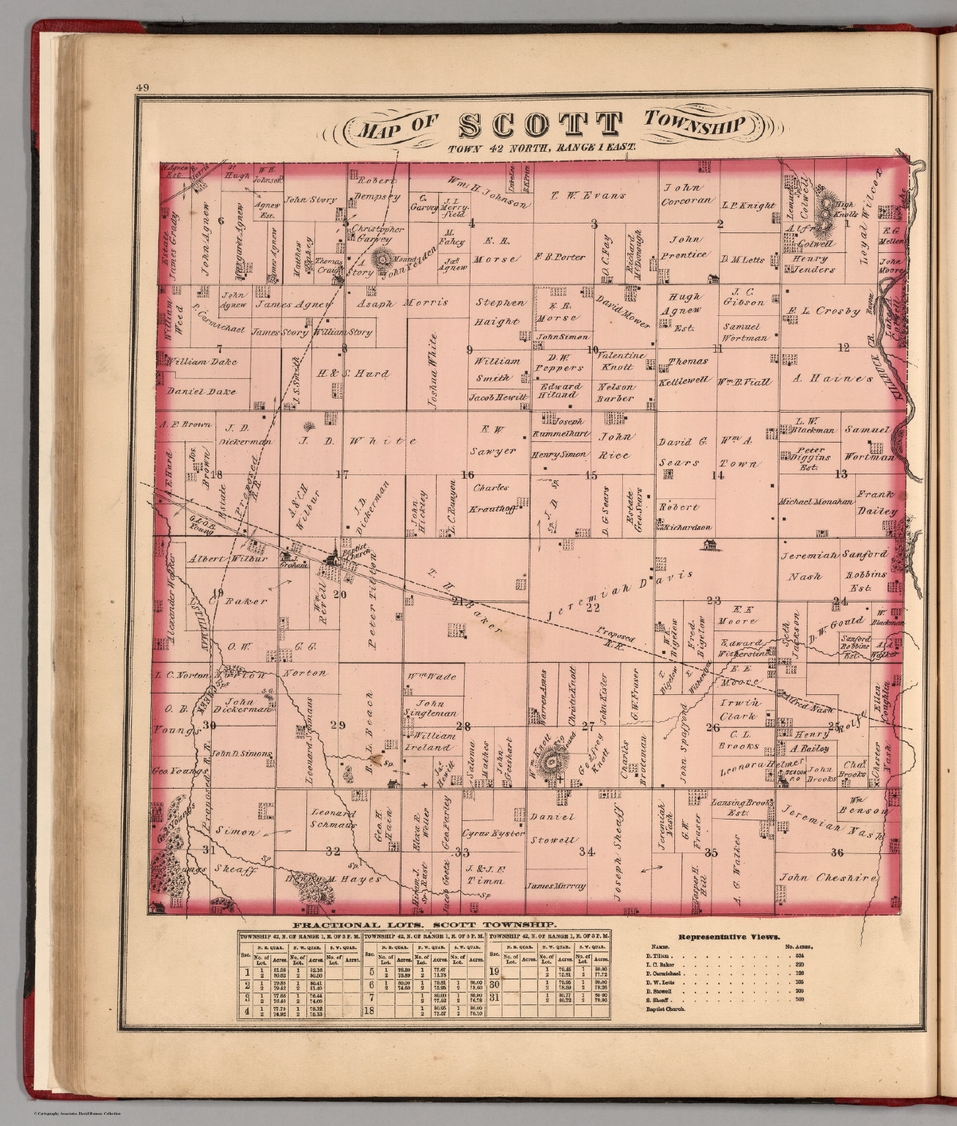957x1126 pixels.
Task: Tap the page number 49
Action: click(x=142, y=89)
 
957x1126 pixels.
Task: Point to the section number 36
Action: click(x=837, y=852)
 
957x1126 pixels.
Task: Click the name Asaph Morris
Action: click(x=402, y=302)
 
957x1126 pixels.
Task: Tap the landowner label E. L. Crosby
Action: click(x=824, y=311)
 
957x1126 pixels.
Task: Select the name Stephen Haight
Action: click(x=500, y=312)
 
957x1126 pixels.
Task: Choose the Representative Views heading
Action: click(x=729, y=936)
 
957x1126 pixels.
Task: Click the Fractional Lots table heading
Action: click(x=424, y=925)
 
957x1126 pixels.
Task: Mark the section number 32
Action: click(x=333, y=851)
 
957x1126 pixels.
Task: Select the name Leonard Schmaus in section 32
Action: click(x=333, y=819)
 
